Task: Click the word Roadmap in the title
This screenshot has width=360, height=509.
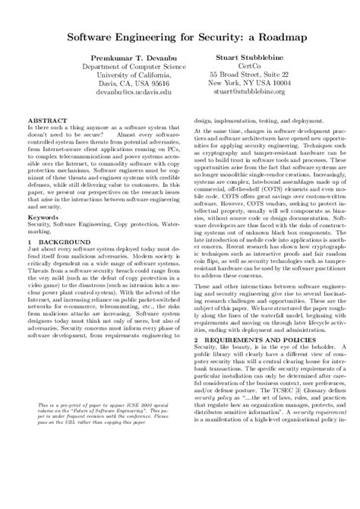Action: (x=268, y=36)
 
